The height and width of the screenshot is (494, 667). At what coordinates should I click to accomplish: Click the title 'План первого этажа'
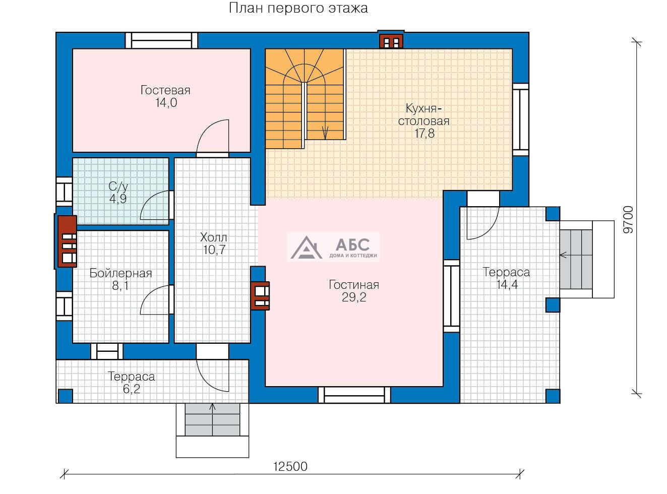point(298,9)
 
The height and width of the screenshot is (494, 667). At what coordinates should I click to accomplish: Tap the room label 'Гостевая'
point(165,90)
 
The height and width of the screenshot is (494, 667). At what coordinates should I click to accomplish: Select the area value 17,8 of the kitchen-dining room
point(425,133)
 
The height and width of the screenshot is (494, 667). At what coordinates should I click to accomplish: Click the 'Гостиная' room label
point(353,284)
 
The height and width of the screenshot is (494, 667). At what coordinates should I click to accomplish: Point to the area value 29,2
point(354,297)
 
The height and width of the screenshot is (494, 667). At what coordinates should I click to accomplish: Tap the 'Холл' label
point(214,237)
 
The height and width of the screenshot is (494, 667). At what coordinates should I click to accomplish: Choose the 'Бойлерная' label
point(120,273)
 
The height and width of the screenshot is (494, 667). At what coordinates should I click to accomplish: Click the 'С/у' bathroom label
point(118,187)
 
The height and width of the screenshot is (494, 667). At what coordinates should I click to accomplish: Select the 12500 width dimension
point(290,466)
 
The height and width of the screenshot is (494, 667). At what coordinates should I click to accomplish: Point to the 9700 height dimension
point(628,219)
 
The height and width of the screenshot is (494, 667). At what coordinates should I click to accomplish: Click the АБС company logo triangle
point(306,248)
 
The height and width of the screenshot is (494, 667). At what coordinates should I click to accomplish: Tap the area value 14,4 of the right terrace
point(507,284)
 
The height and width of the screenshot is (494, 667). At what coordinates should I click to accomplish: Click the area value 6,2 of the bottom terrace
point(132,389)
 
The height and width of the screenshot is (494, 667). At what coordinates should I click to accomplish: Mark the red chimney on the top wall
point(391,41)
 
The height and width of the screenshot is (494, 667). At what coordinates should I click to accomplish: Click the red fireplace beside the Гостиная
point(260,295)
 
